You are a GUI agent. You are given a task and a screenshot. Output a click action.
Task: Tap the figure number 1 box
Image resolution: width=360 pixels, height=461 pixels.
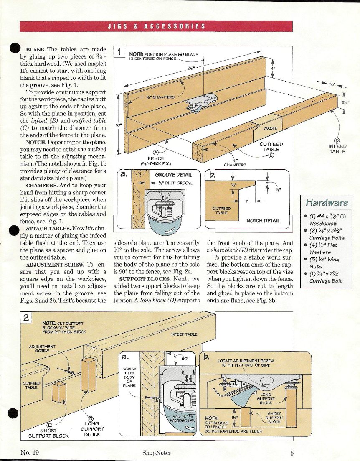tap(119, 52)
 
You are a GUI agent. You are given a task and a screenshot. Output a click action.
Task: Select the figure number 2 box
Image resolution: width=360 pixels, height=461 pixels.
tap(26, 318)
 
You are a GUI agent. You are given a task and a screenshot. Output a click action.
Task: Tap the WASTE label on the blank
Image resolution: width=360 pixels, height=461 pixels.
tap(270, 128)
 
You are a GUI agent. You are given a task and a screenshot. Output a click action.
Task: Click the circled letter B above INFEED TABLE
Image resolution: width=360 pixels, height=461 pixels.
tap(337, 140)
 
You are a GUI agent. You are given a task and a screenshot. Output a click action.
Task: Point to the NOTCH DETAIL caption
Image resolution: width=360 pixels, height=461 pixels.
tap(263, 220)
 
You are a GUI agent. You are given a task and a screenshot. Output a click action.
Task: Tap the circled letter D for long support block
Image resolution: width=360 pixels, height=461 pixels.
tap(92, 419)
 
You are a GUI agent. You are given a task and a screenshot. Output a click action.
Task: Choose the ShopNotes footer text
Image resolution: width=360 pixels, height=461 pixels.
tap(157, 452)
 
